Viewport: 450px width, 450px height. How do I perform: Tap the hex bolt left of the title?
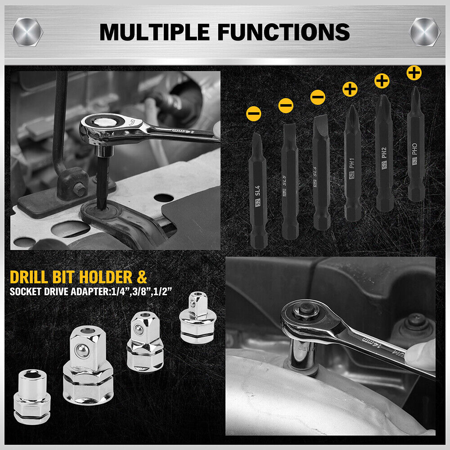click(x=27, y=32)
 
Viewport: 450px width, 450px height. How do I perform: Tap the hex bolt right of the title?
click(x=423, y=32)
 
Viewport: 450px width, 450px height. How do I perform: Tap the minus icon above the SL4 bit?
click(x=253, y=113)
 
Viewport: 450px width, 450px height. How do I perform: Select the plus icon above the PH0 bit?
click(x=414, y=72)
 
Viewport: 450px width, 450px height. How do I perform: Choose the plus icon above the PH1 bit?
click(x=350, y=89)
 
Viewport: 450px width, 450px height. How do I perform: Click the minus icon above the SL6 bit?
click(x=318, y=97)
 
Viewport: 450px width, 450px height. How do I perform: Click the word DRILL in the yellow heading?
click(x=32, y=276)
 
